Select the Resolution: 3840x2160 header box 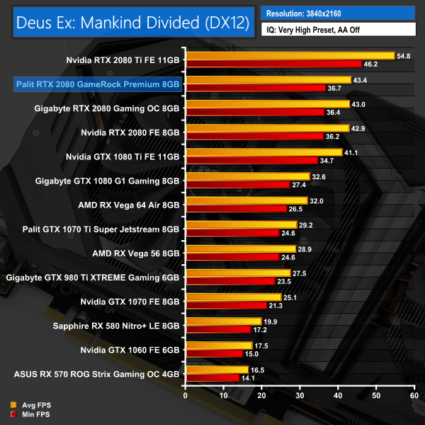click(337, 13)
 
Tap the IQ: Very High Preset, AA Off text click(337, 30)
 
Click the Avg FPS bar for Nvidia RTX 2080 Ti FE click(290, 55)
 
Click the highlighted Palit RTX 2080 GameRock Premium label click(98, 84)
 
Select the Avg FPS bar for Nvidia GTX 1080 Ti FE click(263, 152)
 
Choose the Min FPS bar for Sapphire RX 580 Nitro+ click(218, 330)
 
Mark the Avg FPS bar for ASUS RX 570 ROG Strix click(217, 370)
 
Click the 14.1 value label click(250, 378)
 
